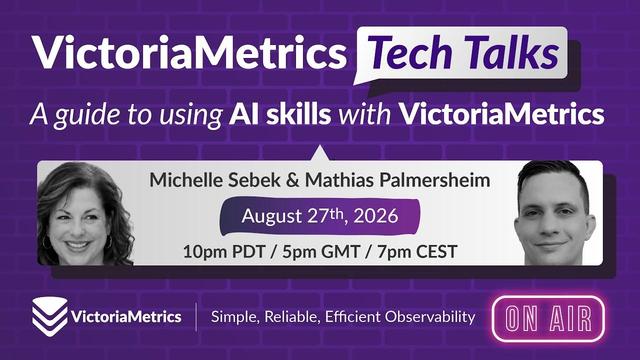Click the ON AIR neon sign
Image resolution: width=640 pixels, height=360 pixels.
tap(548, 319)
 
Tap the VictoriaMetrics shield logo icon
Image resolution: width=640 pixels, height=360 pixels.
tap(50, 316)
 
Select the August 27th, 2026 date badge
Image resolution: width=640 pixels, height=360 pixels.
tap(320, 216)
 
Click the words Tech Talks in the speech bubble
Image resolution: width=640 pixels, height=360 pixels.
tap(464, 53)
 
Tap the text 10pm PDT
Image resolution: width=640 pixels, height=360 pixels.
tap(224, 251)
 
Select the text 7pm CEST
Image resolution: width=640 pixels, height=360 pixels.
tap(417, 251)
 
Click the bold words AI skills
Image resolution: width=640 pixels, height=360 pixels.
tap(280, 114)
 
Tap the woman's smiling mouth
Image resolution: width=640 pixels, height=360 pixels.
tap(78, 245)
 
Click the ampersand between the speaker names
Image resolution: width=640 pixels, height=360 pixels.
tap(292, 180)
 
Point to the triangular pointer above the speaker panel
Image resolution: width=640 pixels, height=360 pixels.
tap(320, 153)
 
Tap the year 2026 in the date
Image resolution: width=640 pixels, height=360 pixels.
tap(376, 216)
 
